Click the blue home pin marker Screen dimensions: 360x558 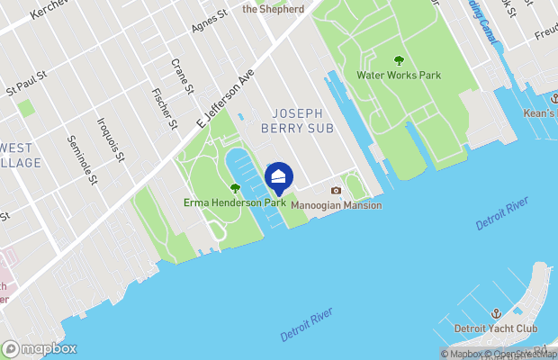[279, 177]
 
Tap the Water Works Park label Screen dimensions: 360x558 [399, 76]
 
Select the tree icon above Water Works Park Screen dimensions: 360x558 [399, 61]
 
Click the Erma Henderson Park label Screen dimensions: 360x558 [235, 203]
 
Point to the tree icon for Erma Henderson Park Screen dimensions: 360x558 [235, 189]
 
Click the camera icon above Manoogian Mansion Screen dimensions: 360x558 [336, 191]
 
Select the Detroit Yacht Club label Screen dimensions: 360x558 [495, 328]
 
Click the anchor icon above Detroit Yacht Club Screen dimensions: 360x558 [495, 313]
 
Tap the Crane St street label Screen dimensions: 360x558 [183, 77]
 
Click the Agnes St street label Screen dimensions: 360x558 [208, 22]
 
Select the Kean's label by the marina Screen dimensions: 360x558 [540, 114]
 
